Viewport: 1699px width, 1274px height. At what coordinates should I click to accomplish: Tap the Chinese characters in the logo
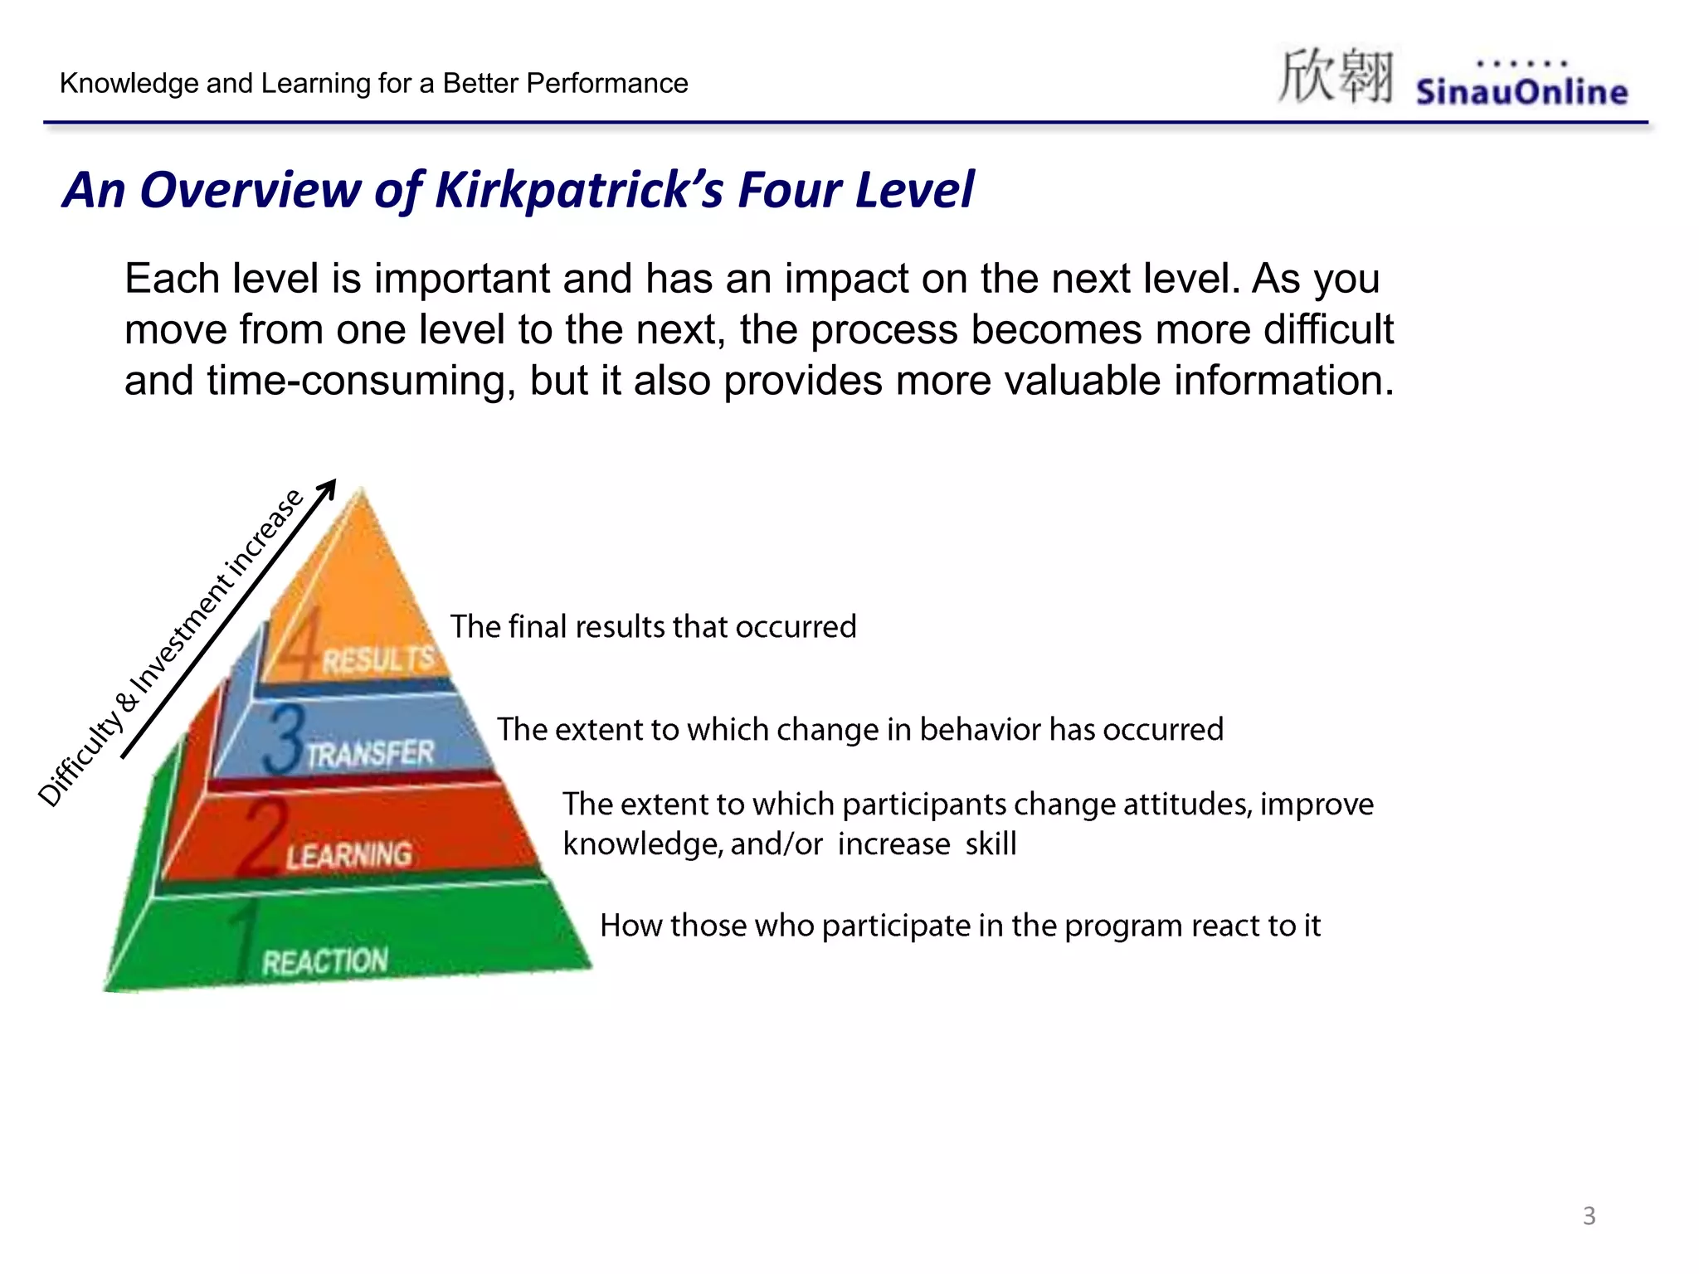(x=1335, y=77)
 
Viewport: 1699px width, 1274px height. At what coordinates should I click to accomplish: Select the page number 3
(x=1589, y=1216)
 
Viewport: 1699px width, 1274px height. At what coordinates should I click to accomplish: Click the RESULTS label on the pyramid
(x=377, y=660)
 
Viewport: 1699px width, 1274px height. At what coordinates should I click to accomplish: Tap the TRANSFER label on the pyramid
(x=371, y=753)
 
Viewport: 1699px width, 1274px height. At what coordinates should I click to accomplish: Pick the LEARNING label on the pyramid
(x=349, y=855)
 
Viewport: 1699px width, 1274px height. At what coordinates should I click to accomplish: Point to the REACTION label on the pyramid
(x=325, y=961)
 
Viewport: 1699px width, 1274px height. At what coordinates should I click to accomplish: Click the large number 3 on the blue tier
(x=285, y=738)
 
